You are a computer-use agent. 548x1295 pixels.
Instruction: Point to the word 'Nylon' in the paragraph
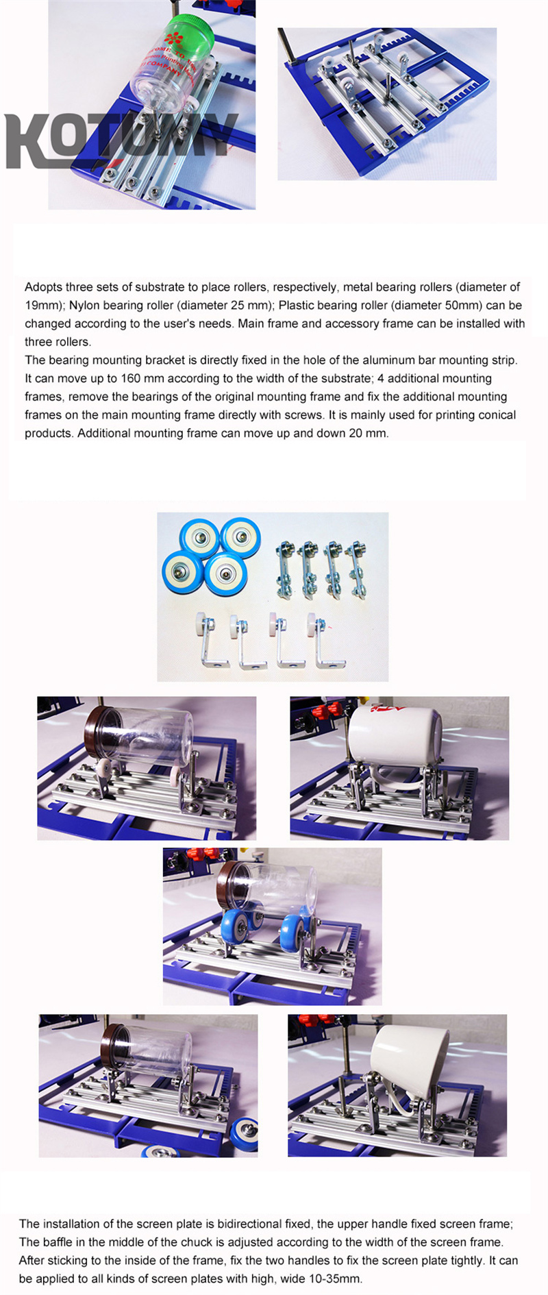pyautogui.click(x=84, y=306)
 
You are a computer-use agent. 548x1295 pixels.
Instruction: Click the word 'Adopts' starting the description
pyautogui.click(x=43, y=287)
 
